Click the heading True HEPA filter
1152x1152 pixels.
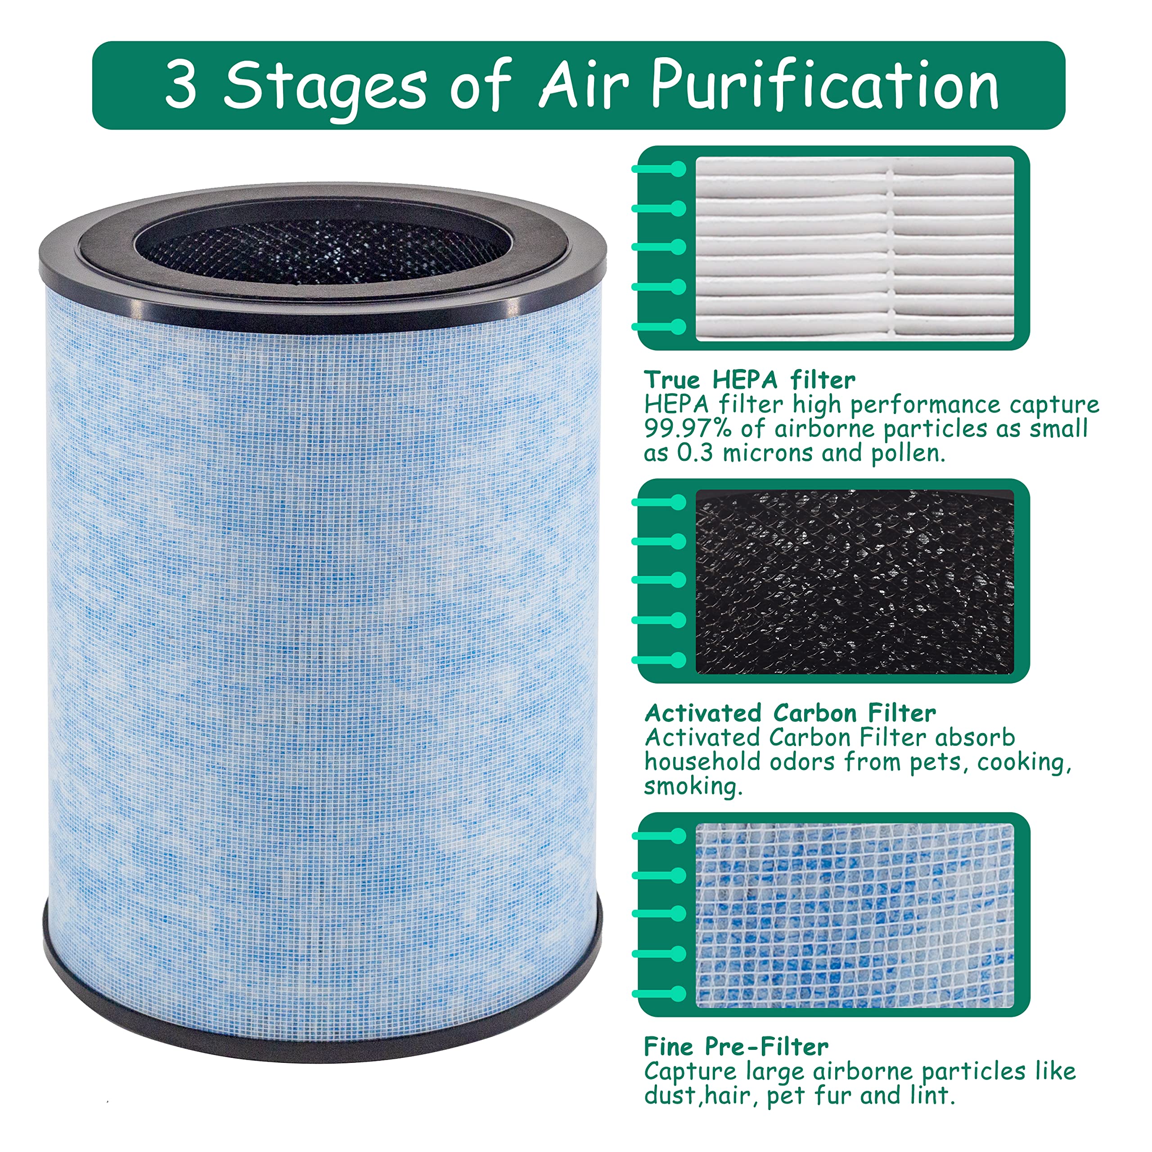750,380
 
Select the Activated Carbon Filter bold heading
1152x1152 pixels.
790,713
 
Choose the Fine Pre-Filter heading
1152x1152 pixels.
736,1046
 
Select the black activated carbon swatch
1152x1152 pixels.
855,581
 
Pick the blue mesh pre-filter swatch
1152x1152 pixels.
855,916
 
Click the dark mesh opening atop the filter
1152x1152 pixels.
325,251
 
